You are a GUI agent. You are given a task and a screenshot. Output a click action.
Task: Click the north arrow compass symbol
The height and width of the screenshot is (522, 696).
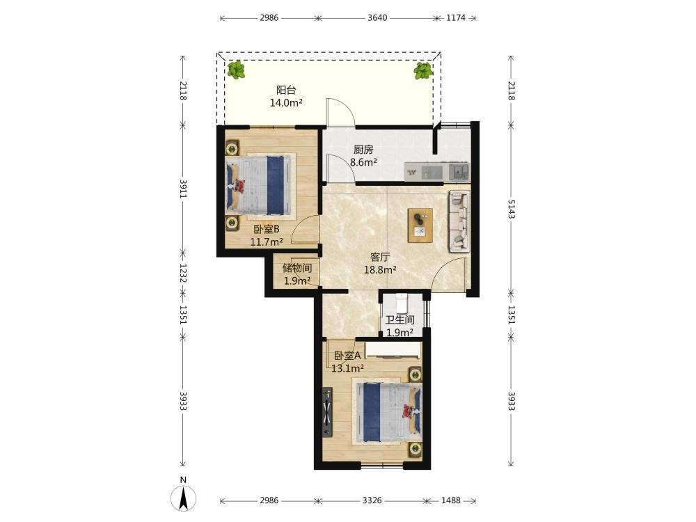(183, 498)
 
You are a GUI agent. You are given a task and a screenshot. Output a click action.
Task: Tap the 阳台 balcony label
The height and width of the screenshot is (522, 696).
(286, 90)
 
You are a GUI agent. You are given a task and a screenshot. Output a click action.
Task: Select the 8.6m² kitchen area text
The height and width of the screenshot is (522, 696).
(363, 162)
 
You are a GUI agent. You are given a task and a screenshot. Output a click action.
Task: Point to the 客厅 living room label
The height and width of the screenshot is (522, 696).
(380, 257)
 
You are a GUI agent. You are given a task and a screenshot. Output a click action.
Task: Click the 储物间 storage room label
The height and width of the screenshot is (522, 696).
(297, 268)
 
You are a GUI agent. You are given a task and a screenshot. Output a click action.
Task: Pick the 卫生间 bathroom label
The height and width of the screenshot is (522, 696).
(400, 319)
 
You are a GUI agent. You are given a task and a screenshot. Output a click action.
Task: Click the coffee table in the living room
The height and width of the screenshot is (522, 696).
(420, 225)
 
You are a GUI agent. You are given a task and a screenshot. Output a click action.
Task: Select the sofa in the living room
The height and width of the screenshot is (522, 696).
(459, 221)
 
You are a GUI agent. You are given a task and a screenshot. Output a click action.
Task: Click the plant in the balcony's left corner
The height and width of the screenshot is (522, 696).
(236, 70)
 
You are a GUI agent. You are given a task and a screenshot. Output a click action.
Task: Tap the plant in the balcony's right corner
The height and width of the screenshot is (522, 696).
(423, 70)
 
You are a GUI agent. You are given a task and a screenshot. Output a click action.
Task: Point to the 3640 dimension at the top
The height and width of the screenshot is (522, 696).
(377, 18)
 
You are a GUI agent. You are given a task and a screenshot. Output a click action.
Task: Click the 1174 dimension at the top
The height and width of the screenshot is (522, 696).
(456, 18)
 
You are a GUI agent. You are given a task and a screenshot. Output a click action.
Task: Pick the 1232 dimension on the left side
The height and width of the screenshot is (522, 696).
(183, 274)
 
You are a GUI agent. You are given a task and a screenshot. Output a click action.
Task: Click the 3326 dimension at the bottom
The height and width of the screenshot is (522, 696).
(372, 500)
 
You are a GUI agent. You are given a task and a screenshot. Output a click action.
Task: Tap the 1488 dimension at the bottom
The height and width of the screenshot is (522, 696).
(451, 500)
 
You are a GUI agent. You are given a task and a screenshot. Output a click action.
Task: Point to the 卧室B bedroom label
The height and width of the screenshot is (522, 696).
(267, 230)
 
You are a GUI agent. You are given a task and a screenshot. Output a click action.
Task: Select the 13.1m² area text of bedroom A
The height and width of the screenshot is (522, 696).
(348, 368)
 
